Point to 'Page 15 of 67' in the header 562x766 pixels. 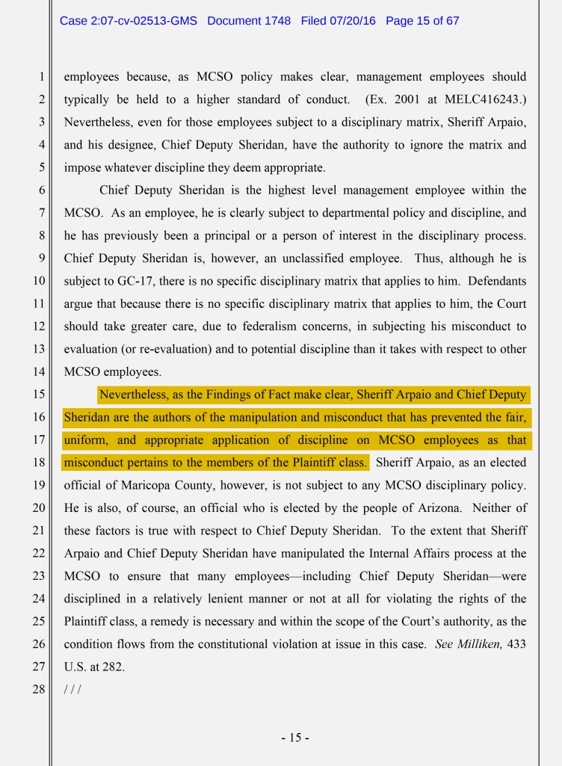point(422,21)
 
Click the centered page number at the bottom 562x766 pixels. point(295,738)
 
